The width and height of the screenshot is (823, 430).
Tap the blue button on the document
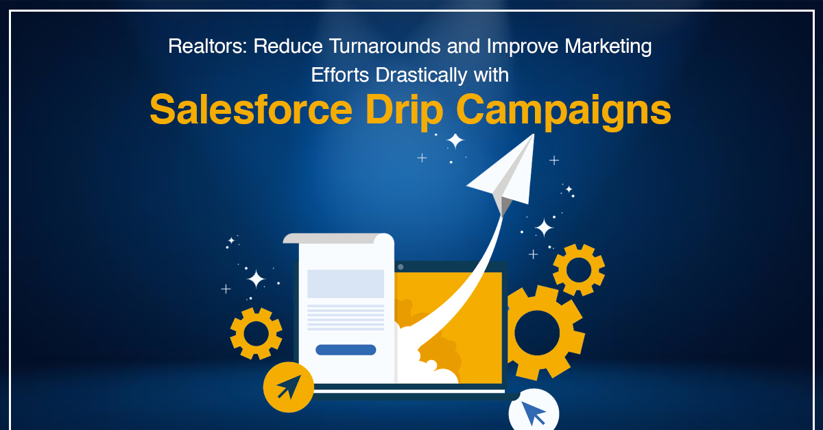(x=346, y=350)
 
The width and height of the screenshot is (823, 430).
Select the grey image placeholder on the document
(x=346, y=283)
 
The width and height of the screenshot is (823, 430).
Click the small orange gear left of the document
(x=256, y=333)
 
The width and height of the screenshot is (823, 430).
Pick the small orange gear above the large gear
(x=579, y=270)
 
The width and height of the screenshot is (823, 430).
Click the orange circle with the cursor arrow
(x=289, y=387)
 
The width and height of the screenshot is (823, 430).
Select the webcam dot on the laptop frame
(x=401, y=267)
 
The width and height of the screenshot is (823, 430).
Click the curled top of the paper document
(x=339, y=239)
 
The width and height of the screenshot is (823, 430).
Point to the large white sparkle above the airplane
(x=455, y=141)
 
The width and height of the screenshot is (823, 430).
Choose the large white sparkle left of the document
(x=256, y=278)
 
